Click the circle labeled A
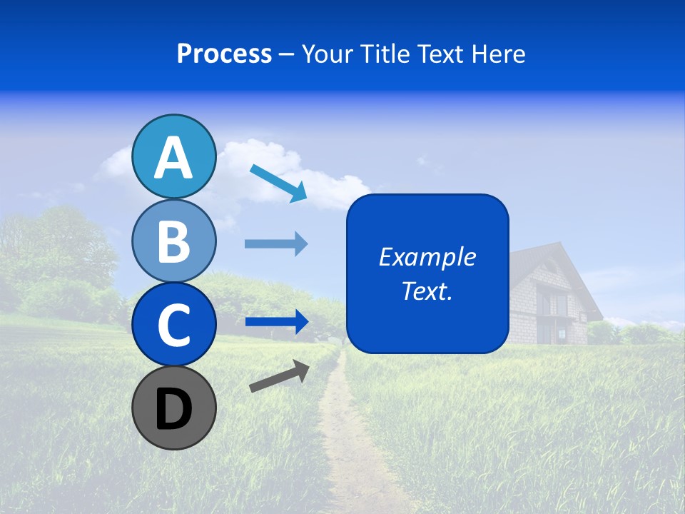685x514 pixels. click(x=174, y=156)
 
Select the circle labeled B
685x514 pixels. click(x=174, y=241)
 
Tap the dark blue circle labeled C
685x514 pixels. click(x=174, y=325)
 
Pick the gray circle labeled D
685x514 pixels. click(x=174, y=408)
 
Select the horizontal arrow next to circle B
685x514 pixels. click(x=276, y=244)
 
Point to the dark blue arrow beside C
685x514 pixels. click(x=276, y=322)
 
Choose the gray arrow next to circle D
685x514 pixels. click(x=279, y=376)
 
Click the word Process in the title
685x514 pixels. click(x=224, y=54)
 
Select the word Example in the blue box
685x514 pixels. click(x=427, y=257)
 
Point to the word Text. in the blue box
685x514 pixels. click(x=427, y=291)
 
